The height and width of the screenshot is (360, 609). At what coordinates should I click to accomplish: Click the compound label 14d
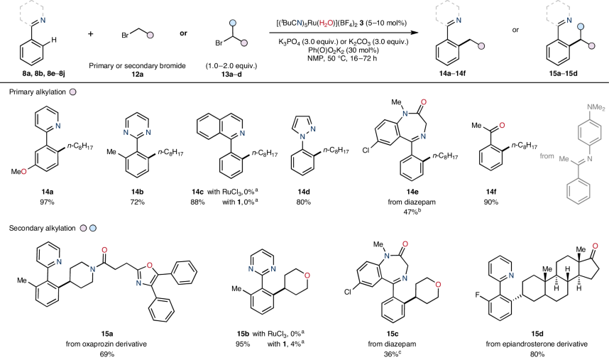click(x=308, y=192)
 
